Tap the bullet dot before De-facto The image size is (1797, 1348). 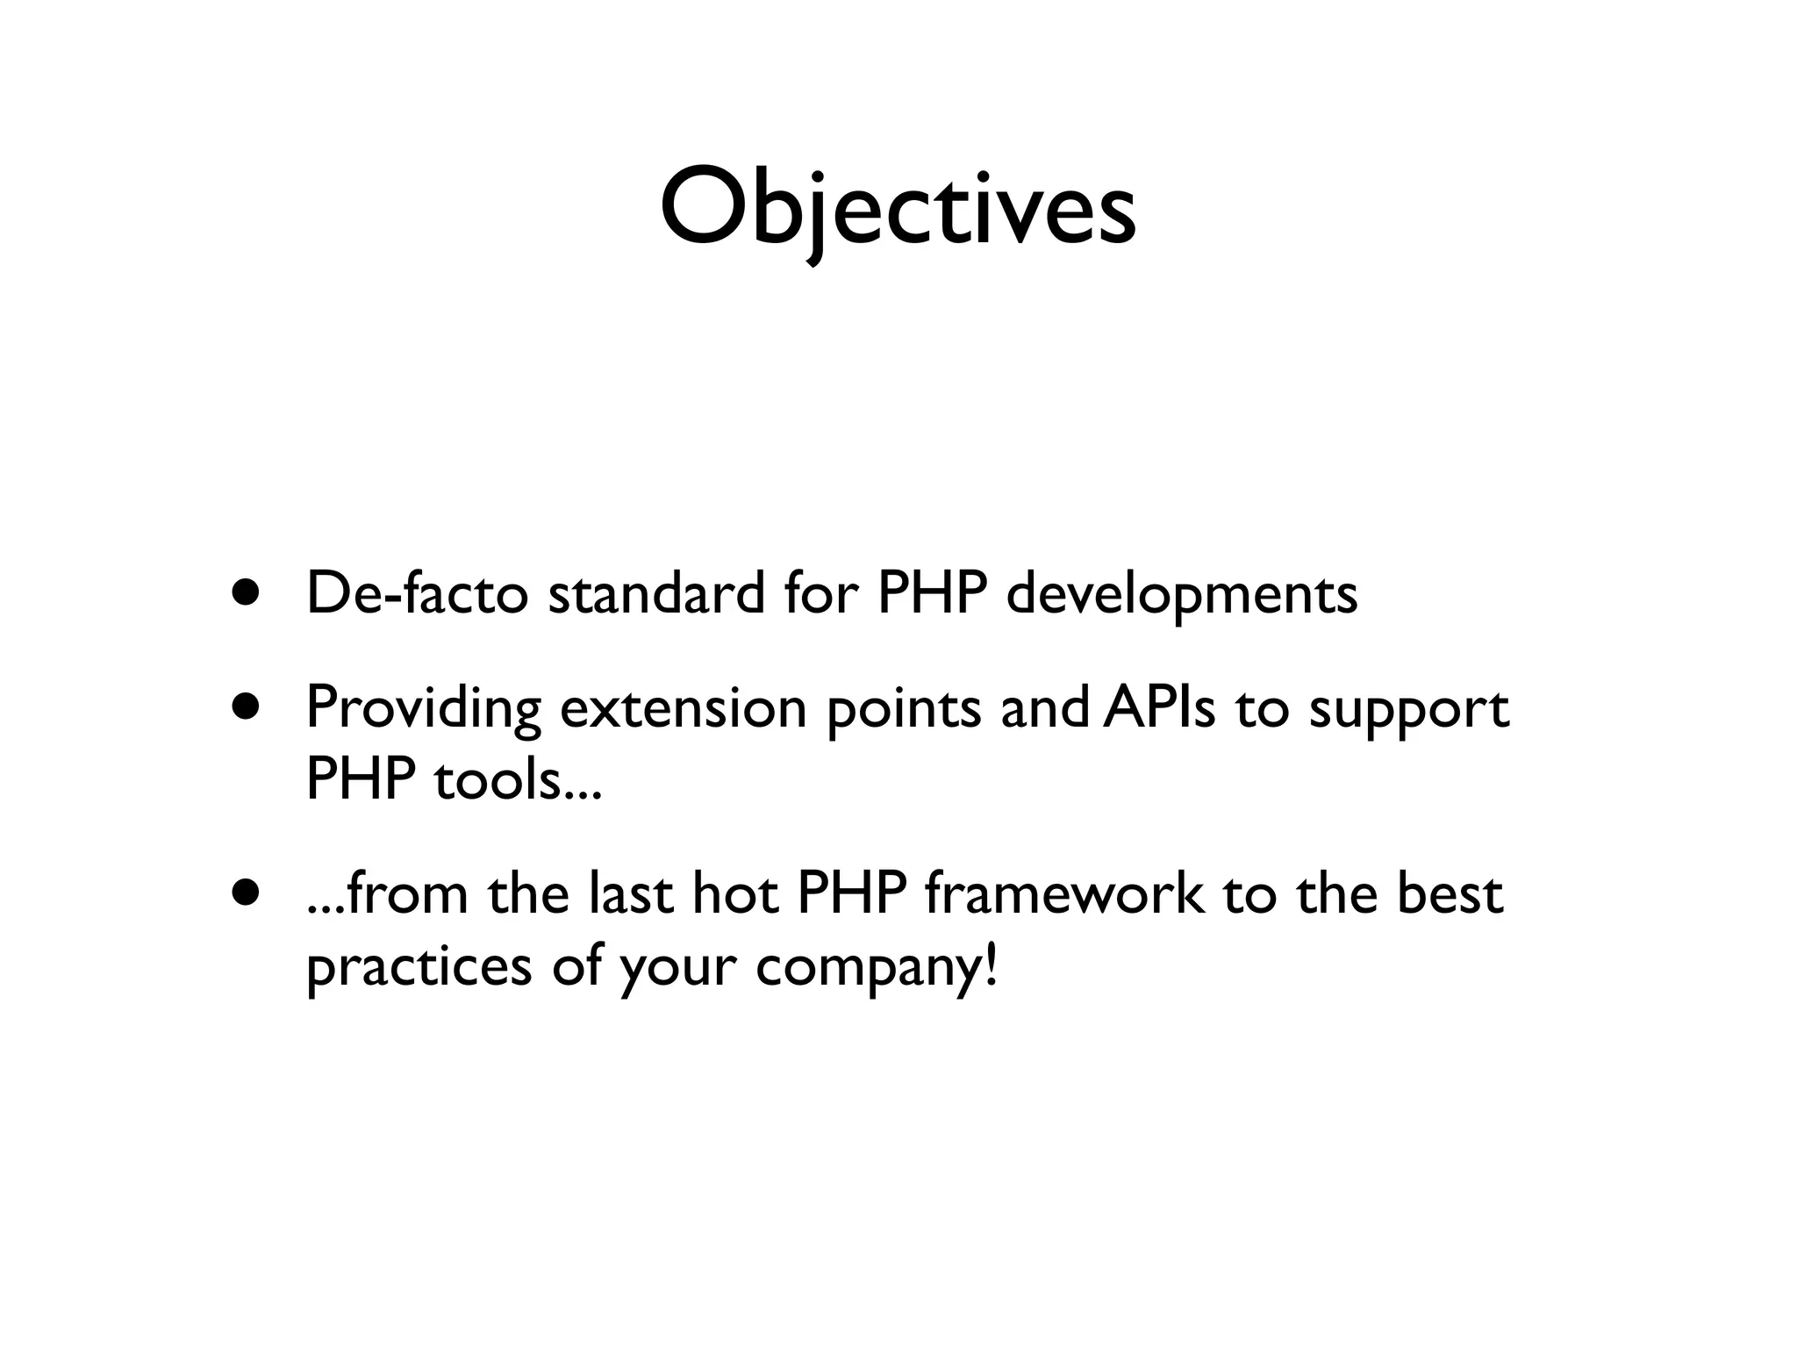click(247, 592)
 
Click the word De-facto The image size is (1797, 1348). click(417, 593)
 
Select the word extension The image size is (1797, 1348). click(683, 707)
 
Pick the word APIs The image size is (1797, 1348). click(1159, 707)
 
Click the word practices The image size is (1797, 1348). click(419, 969)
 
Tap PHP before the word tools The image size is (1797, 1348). click(360, 778)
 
